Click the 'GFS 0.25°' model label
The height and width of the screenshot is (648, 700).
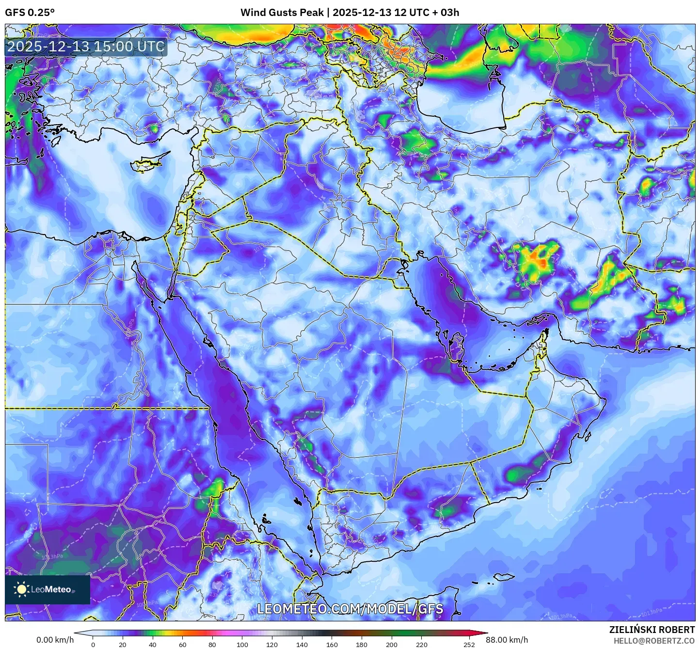click(x=30, y=13)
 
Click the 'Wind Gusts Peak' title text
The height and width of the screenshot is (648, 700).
click(x=282, y=13)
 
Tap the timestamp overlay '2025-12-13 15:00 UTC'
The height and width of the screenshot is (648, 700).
click(x=86, y=47)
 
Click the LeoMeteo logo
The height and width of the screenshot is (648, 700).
click(x=48, y=589)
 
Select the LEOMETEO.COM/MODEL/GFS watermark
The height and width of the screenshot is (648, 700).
click(x=350, y=609)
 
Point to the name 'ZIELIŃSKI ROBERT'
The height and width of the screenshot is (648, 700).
click(x=652, y=630)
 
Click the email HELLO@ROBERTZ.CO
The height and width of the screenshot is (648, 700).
click(x=654, y=641)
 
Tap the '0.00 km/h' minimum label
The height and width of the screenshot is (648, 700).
click(x=55, y=640)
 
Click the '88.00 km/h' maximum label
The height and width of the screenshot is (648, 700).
click(x=507, y=640)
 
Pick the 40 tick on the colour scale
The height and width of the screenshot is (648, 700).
click(x=153, y=644)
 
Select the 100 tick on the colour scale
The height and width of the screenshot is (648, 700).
click(x=242, y=644)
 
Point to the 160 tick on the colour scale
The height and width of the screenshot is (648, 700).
click(x=332, y=644)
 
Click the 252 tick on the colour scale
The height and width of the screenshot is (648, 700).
click(x=469, y=644)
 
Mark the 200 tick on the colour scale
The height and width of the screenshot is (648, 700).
click(x=392, y=644)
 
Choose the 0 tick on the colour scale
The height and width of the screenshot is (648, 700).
click(x=93, y=644)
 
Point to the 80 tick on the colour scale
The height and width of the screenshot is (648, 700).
click(x=212, y=644)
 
